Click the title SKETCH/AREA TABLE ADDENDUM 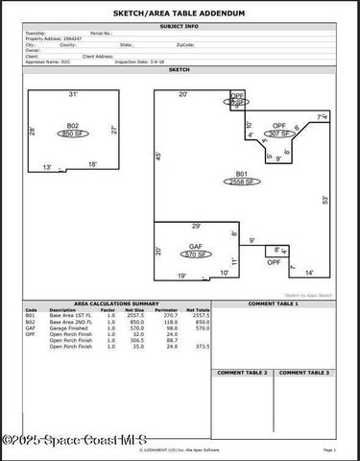point(180,13)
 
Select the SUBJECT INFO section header point(180,25)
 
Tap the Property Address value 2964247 point(74,38)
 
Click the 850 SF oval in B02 point(69,134)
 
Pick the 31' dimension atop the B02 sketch point(73,95)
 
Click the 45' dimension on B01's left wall point(159,157)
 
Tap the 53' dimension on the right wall point(324,200)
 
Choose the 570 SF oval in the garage point(196,255)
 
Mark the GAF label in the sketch point(196,248)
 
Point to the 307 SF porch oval point(278,133)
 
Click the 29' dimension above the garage point(196,227)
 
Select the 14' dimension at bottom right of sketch point(309,273)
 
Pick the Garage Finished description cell point(69,327)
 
